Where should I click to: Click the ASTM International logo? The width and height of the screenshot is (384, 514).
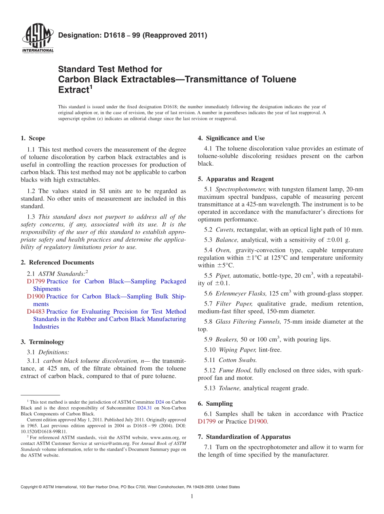(x=37, y=38)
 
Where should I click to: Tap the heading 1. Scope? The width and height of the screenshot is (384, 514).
(x=33, y=138)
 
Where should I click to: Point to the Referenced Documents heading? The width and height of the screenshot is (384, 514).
(x=57, y=262)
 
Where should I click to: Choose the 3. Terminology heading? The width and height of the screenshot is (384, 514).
(x=42, y=342)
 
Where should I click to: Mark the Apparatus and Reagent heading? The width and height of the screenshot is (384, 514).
(x=236, y=179)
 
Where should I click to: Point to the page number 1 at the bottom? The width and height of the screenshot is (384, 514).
(x=192, y=497)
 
